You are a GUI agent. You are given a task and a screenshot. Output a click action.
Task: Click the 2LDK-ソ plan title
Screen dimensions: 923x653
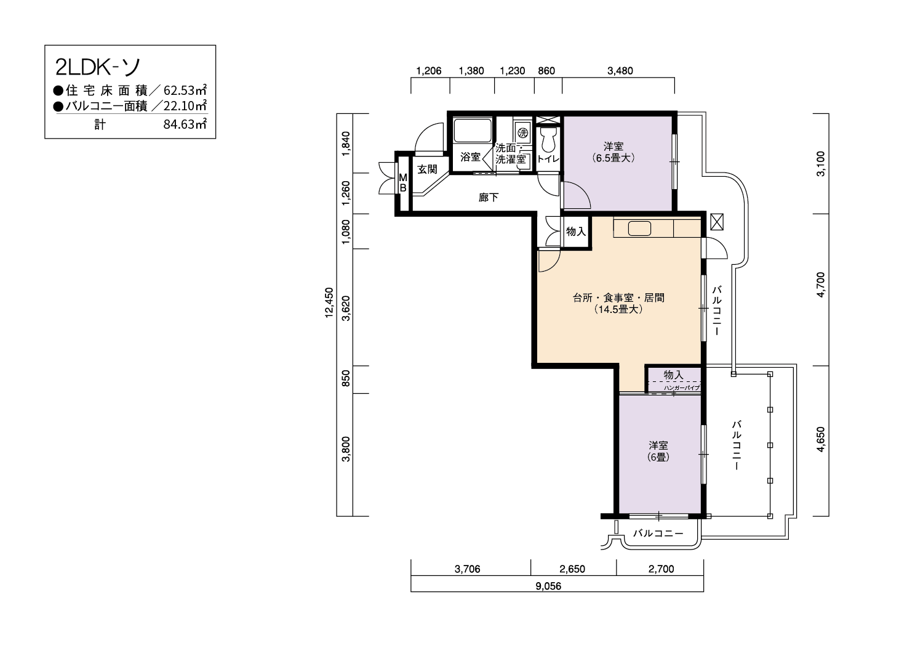coord(98,67)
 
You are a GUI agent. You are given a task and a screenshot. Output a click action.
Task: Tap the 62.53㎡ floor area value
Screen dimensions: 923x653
coord(185,90)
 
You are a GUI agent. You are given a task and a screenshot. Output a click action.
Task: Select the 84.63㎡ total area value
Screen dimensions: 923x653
coord(185,124)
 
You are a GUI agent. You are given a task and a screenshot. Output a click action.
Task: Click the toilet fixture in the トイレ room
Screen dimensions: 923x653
coord(548,139)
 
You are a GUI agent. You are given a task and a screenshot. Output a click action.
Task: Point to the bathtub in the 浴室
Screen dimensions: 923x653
coord(473,131)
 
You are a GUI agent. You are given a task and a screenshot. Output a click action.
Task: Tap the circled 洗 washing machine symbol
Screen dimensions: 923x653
coord(523,133)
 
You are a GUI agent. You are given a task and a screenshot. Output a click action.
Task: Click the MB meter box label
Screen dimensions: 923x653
coord(403,183)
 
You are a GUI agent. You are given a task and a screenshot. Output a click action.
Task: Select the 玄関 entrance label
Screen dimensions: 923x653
coord(427,169)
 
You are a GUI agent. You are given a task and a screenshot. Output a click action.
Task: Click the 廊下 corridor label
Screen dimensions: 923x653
coord(489,198)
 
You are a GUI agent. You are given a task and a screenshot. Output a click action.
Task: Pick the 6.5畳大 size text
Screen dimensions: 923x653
coord(613,158)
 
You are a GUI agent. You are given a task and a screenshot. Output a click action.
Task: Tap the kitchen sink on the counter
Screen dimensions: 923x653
coord(639,229)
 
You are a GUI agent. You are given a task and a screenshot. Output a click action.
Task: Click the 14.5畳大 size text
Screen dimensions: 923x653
coord(618,309)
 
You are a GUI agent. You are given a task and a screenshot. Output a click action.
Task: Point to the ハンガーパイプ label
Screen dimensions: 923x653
coord(682,387)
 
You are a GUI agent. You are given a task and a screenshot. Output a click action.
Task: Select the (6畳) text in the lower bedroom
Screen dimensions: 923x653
coord(658,457)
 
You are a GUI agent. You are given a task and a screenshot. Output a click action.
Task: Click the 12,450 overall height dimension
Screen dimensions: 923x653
coord(329,302)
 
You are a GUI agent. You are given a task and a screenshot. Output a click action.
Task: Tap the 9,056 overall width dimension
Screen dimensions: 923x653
coord(548,586)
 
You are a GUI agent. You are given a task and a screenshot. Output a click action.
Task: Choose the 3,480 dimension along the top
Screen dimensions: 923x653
coord(620,71)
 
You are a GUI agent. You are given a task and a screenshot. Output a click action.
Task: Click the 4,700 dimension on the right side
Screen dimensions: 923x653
coord(821,285)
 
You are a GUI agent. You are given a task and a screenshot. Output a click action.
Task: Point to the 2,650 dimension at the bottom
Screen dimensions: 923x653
coord(572,569)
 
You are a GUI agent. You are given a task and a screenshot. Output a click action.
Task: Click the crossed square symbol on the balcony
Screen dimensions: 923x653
coord(717,222)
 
